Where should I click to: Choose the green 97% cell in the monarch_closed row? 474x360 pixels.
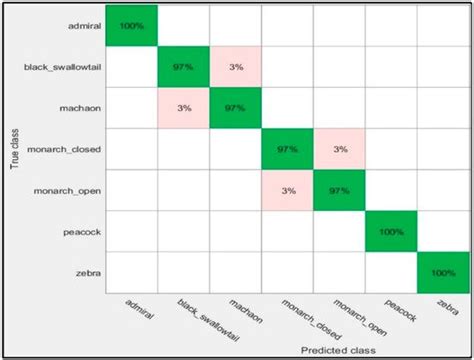click(x=287, y=148)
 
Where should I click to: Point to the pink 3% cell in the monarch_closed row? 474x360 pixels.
click(x=339, y=148)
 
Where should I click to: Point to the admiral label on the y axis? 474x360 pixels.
click(x=76, y=25)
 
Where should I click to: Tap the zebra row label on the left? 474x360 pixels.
click(x=82, y=270)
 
